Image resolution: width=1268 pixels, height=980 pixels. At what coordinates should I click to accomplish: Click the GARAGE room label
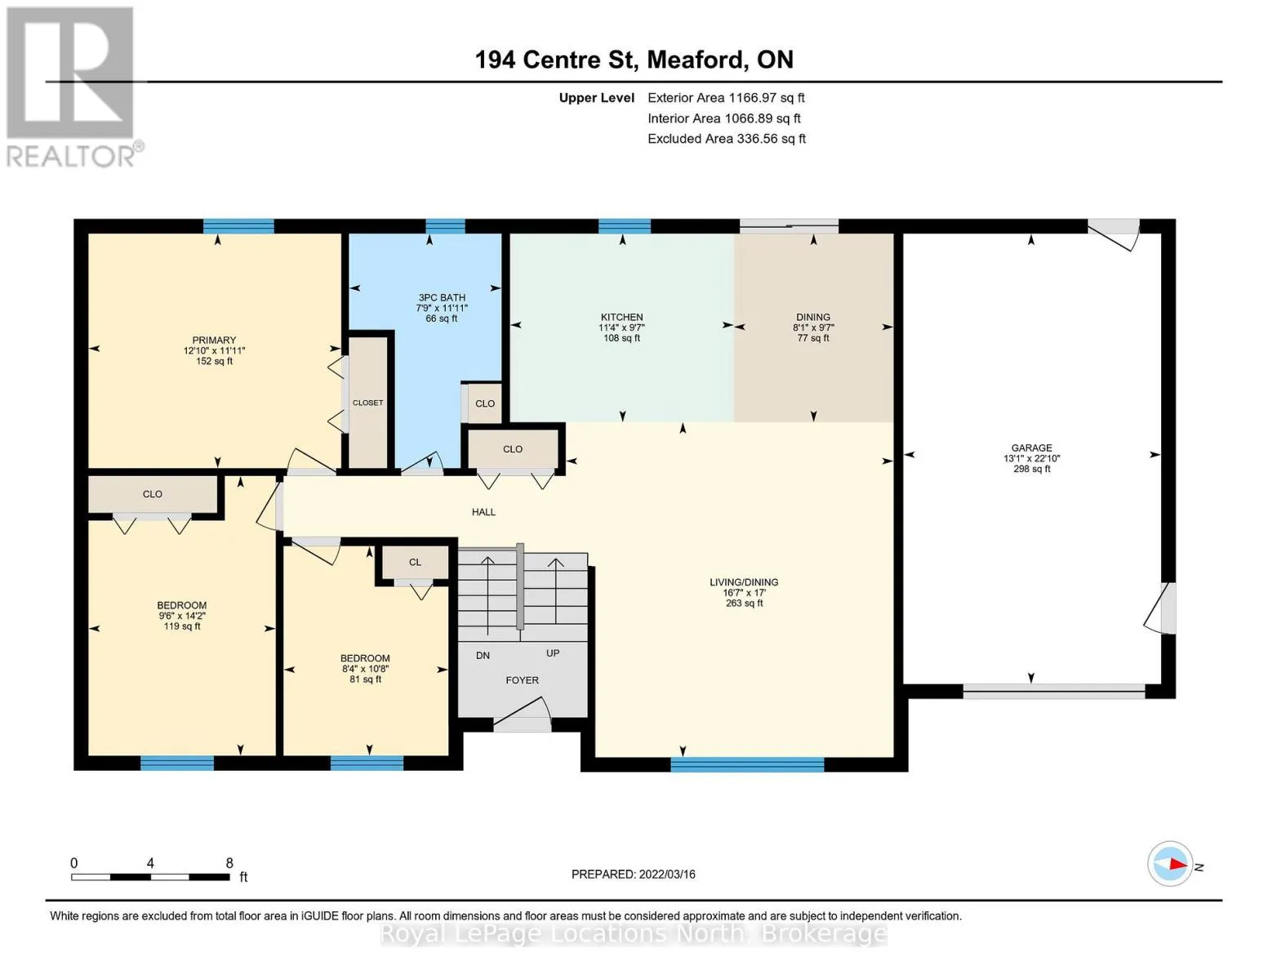pos(1031,448)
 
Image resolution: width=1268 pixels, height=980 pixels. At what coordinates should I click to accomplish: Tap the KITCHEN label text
pos(621,317)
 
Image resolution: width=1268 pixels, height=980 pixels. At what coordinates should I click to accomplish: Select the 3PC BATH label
pos(442,297)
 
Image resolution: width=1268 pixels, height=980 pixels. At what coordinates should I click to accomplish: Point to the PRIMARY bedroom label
pos(214,340)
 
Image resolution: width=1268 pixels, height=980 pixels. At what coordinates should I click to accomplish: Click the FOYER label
pos(522,680)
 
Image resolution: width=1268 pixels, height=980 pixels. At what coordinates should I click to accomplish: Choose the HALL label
pos(483,512)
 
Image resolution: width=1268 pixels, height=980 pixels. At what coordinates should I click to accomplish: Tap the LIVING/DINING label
pos(744,582)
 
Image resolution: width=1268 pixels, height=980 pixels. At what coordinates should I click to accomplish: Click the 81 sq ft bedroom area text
pos(365,679)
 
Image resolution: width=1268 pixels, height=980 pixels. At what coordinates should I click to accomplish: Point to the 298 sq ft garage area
pos(1031,469)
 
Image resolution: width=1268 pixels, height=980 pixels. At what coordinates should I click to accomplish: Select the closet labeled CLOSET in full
pos(367,403)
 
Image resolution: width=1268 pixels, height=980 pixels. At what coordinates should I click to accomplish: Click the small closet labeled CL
pos(415,562)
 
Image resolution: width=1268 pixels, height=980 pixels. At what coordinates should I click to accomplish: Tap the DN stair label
pos(483,656)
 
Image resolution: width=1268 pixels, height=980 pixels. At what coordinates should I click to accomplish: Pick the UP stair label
pos(553,653)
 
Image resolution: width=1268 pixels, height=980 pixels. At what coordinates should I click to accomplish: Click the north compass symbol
pos(1169,864)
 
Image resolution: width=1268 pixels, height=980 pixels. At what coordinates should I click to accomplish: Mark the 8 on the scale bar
pos(229,863)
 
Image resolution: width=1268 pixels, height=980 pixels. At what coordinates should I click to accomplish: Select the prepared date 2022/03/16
pos(667,875)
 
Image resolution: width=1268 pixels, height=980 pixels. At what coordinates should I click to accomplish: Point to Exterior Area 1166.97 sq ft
pos(726,98)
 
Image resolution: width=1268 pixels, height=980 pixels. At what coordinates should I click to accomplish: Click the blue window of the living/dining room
pos(747,764)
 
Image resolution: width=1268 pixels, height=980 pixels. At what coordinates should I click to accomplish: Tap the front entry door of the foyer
pos(523,715)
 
